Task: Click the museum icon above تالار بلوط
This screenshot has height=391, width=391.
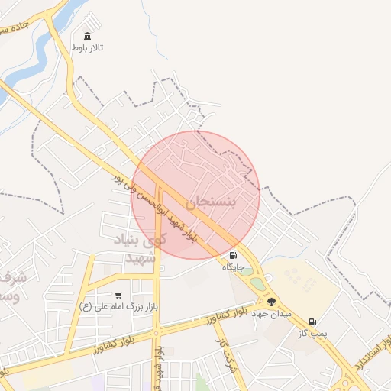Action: (87, 36)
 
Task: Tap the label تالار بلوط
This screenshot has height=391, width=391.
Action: (87, 48)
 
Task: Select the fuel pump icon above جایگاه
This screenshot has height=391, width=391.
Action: (232, 256)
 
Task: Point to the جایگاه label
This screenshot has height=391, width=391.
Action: (232, 267)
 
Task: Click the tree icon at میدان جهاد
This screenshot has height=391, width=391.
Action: (271, 302)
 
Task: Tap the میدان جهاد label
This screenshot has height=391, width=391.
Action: (272, 314)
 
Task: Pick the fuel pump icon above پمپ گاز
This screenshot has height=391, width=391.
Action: (312, 322)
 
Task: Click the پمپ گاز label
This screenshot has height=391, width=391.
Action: (312, 333)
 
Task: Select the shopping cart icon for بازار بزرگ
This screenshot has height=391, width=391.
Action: (118, 295)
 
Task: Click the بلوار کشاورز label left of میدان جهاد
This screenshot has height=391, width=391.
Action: (228, 315)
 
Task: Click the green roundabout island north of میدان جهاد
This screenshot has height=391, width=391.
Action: (258, 283)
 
